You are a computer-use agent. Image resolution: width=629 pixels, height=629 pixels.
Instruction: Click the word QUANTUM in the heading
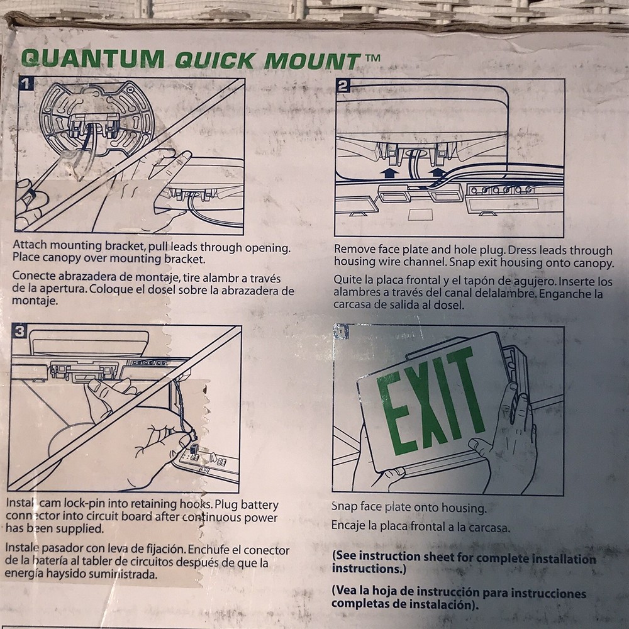pyautogui.click(x=93, y=58)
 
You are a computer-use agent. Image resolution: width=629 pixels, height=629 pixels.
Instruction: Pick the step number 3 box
pyautogui.click(x=20, y=333)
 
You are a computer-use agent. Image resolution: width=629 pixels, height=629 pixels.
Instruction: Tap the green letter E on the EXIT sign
pyautogui.click(x=392, y=416)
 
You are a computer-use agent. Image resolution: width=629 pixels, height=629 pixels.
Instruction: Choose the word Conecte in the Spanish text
pyautogui.click(x=33, y=277)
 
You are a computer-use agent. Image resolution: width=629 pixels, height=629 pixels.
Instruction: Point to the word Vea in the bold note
pyautogui.click(x=346, y=593)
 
